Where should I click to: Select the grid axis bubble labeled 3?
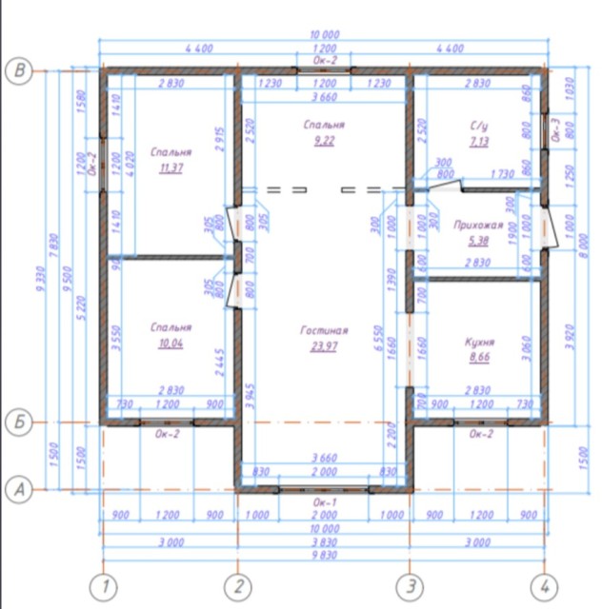[x=410, y=585]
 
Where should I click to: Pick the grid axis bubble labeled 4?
[x=543, y=585]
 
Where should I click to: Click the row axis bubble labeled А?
[x=16, y=488]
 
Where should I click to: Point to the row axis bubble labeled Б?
[x=16, y=422]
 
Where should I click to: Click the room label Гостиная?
[x=324, y=330]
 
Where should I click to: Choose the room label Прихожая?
[x=478, y=225]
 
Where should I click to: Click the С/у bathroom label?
[x=478, y=126]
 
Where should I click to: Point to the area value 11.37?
[x=171, y=167]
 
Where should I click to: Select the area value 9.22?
[x=324, y=141]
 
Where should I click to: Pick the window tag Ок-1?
[x=324, y=501]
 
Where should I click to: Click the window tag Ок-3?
[x=555, y=129]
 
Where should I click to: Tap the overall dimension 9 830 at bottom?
[x=324, y=558]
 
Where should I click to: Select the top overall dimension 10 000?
[x=324, y=34]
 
